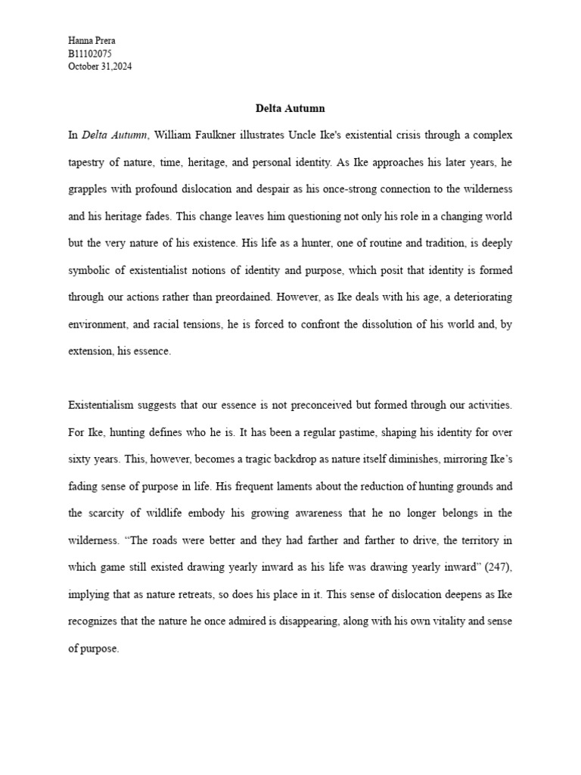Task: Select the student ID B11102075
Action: coord(90,53)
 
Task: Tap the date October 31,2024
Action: coord(100,66)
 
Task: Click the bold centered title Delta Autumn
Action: coord(290,108)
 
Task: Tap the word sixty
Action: coord(79,459)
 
